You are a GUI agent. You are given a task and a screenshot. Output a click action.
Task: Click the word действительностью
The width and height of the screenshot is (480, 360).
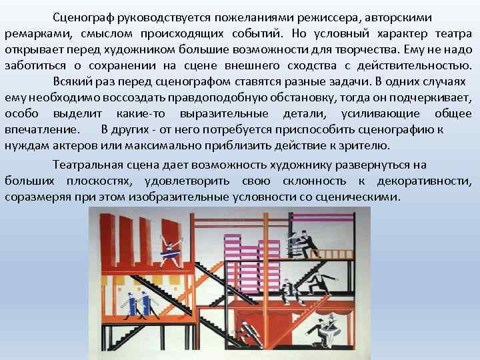(409, 65)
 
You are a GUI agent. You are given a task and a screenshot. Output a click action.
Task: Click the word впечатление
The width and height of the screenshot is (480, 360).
(41, 129)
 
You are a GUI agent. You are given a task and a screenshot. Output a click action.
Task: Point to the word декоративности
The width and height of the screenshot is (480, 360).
(424, 181)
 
